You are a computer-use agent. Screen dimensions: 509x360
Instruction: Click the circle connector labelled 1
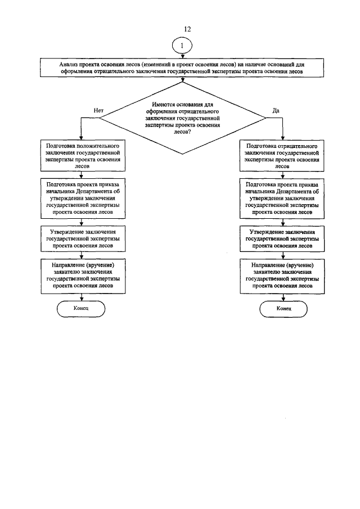click(183, 45)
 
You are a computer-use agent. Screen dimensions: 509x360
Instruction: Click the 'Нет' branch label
click(98, 110)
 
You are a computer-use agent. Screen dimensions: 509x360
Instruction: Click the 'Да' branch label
click(276, 110)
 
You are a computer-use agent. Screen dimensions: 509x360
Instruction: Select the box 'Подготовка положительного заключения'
click(82, 156)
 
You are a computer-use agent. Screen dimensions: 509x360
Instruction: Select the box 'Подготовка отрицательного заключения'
click(281, 156)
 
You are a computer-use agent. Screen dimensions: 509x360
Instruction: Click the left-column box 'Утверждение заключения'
click(82, 238)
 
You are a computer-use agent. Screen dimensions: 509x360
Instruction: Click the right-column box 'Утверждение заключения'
click(281, 238)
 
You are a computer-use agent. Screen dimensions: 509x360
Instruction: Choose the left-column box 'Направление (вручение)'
click(82, 275)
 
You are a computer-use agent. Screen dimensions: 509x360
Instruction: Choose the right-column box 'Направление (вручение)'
click(281, 275)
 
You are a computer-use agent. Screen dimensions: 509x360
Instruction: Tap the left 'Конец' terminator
click(81, 309)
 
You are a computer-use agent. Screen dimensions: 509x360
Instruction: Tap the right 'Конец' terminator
click(283, 309)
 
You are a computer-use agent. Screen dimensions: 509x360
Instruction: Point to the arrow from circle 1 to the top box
click(183, 56)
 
